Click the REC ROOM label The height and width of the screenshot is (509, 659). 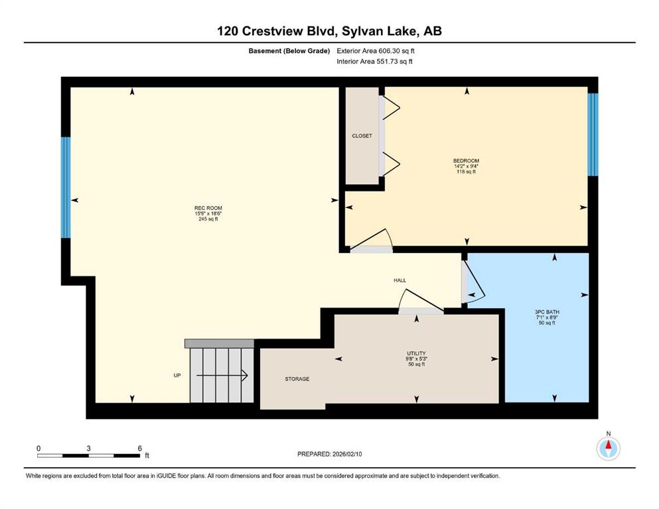208,208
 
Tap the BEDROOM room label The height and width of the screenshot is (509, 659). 466,160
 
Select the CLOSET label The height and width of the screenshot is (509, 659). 362,136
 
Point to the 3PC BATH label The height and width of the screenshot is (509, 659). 547,312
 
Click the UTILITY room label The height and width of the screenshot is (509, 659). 416,353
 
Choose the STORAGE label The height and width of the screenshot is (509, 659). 297,379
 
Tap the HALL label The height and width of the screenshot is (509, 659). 400,280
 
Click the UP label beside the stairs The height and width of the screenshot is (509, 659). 177,375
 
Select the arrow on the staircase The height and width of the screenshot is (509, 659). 222,375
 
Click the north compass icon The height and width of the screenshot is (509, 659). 608,448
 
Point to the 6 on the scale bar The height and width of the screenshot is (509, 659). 140,448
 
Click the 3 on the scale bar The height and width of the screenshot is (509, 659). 89,448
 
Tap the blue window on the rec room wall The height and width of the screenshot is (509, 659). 66,188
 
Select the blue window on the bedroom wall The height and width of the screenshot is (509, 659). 593,135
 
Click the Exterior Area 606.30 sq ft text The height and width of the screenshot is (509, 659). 376,51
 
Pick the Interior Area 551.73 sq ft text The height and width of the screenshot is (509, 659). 374,61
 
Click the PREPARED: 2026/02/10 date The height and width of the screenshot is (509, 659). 329,454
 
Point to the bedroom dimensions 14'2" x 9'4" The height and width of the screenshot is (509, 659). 466,166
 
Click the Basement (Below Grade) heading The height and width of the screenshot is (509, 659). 289,51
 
